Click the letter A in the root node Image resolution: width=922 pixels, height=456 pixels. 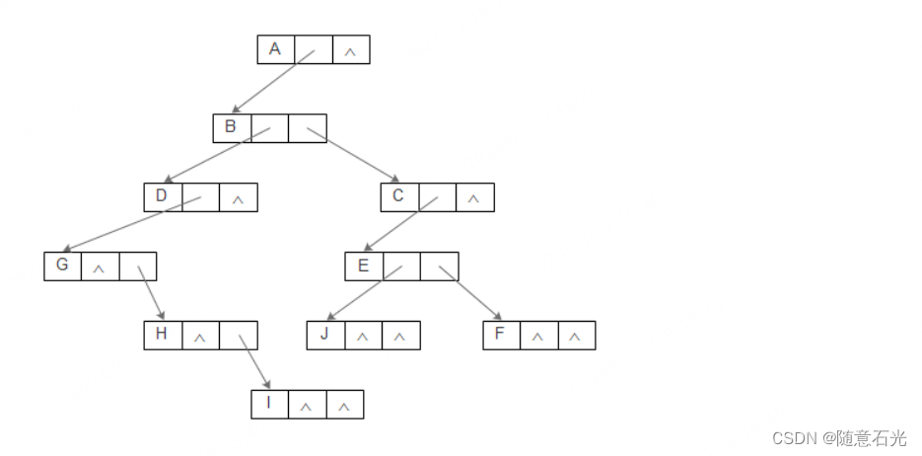coord(275,49)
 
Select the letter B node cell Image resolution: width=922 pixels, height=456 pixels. coord(231,127)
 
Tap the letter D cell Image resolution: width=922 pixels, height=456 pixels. coord(162,196)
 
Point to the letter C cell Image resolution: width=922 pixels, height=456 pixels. coord(398,196)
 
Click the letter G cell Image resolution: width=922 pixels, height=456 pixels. coord(62,266)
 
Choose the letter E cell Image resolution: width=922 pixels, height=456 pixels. coord(363,266)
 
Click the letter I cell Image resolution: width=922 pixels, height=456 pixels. coord(269,404)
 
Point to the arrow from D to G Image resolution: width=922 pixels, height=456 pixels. coord(128,226)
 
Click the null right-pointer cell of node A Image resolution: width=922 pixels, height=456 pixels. coord(351,50)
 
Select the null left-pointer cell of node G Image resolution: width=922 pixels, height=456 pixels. coord(100,267)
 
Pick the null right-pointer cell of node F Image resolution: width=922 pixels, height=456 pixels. coord(577,337)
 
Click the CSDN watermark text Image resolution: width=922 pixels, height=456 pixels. coord(838,437)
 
